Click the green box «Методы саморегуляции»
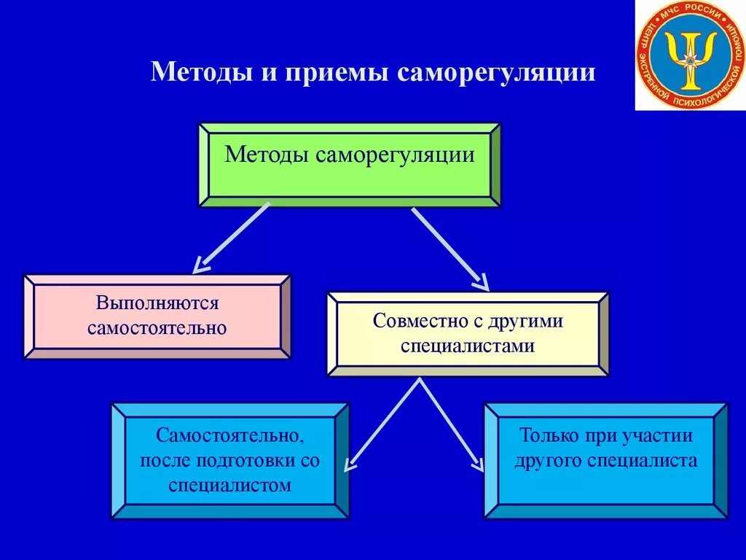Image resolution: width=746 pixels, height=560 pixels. point(350,165)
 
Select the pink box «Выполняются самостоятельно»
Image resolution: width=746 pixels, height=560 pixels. point(157,316)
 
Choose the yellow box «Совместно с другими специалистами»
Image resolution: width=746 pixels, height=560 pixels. point(467,333)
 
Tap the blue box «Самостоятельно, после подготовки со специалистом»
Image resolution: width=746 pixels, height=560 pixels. point(230,460)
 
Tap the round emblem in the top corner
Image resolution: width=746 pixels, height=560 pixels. point(690,55)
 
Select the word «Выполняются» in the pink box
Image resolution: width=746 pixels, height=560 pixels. point(157,303)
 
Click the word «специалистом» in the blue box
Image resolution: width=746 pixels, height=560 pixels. point(229,485)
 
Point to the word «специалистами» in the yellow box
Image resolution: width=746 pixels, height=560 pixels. point(467,346)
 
